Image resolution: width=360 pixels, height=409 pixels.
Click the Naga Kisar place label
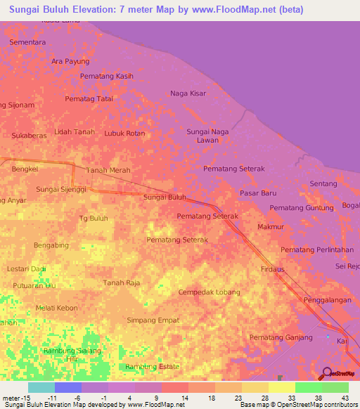pyautogui.click(x=188, y=93)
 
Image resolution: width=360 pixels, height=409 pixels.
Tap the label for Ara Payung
pyautogui.click(x=70, y=61)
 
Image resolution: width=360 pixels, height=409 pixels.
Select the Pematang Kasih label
pyautogui.click(x=107, y=76)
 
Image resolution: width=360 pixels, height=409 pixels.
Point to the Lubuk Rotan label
pyautogui.click(x=124, y=133)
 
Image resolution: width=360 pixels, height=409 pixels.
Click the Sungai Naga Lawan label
pyautogui.click(x=207, y=136)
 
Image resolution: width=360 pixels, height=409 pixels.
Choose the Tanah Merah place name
pyautogui.click(x=108, y=170)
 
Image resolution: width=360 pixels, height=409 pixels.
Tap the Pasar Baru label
pyautogui.click(x=258, y=193)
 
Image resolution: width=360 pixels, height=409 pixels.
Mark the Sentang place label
pyautogui.click(x=323, y=183)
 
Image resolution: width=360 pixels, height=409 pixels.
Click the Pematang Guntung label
pyautogui.click(x=302, y=207)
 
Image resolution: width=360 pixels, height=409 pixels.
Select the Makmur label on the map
pyautogui.click(x=270, y=227)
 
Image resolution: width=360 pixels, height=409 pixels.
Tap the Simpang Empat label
pyautogui.click(x=153, y=320)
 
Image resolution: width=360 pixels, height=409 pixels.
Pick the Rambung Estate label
pyautogui.click(x=152, y=367)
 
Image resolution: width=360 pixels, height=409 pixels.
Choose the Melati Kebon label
pyautogui.click(x=57, y=309)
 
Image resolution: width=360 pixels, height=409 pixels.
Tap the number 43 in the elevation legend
pyautogui.click(x=345, y=398)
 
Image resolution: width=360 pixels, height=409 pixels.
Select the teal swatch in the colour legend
pyautogui.click(x=41, y=387)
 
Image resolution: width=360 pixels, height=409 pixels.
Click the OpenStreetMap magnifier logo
pyautogui.click(x=326, y=372)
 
